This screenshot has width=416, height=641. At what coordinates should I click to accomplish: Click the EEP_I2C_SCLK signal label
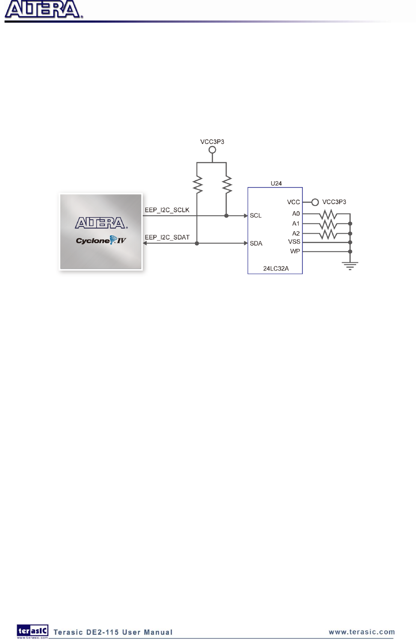pos(167,210)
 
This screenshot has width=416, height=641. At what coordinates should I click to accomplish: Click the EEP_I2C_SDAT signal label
pos(167,237)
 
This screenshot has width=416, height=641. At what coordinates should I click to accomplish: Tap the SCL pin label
pos(256,215)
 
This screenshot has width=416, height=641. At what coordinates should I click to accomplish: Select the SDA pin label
pos(256,243)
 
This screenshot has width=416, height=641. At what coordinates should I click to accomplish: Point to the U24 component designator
pos(276,183)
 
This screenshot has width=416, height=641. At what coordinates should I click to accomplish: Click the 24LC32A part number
pos(276,268)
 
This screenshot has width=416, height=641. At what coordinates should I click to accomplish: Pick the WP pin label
pos(295,251)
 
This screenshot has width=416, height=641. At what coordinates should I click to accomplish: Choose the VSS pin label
pos(294,242)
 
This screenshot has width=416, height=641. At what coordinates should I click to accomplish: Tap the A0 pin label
pos(296,214)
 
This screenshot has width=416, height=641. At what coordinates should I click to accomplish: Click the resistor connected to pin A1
pos(328,223)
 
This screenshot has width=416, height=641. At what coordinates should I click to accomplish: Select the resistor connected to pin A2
pos(328,233)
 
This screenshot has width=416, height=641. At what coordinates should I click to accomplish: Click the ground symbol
pos(350,266)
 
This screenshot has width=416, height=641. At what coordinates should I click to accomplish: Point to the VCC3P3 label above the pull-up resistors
pos(212,141)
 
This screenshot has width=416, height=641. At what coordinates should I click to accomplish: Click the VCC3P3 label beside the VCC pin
pos(334,202)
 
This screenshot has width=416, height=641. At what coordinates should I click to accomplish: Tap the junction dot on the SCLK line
pos(226,216)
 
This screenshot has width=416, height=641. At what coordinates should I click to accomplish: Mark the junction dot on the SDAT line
pos(197,243)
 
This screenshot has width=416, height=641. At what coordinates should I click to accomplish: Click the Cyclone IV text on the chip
pos(101,241)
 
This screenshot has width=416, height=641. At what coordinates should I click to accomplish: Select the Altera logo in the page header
pos(43,10)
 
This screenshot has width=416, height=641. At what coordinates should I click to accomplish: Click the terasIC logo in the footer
pos(32,631)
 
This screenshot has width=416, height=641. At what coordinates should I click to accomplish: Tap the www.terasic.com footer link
pos(362,632)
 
